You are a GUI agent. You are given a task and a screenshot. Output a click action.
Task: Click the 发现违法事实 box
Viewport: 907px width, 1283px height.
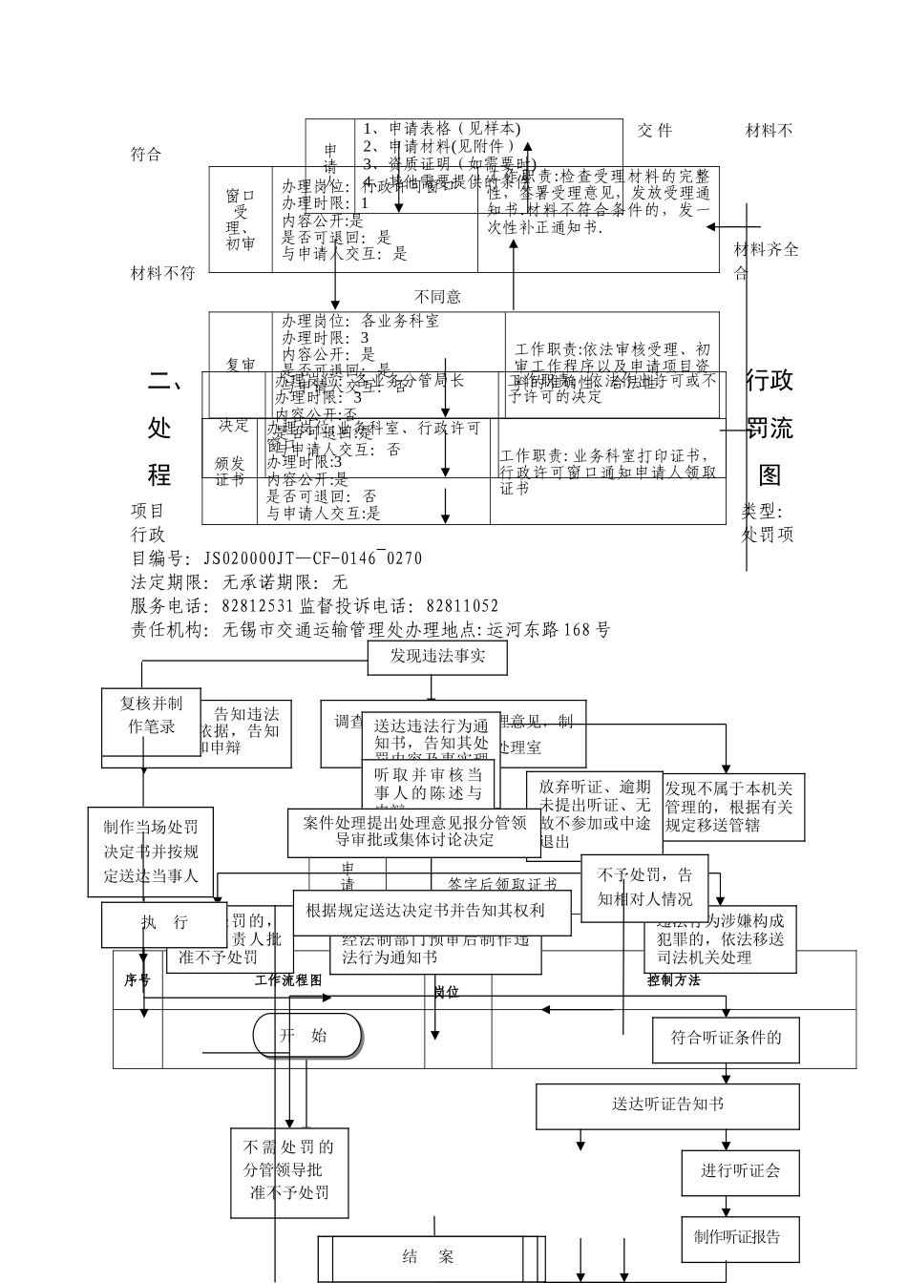437,657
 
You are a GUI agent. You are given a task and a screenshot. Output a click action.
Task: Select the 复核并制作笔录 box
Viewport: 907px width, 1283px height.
151,716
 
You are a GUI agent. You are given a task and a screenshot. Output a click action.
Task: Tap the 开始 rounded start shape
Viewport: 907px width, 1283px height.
307,1037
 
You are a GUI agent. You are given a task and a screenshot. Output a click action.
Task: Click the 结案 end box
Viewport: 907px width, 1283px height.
431,1257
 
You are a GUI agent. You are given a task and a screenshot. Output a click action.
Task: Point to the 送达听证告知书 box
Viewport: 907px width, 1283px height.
667,1105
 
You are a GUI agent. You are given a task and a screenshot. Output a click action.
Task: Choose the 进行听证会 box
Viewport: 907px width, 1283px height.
740,1171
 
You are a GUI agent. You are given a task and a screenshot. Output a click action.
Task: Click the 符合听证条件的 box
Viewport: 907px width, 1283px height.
726,1039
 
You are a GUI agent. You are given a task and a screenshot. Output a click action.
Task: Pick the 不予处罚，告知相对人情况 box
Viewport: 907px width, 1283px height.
645,888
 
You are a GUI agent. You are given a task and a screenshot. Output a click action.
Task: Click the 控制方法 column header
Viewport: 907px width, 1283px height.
674,980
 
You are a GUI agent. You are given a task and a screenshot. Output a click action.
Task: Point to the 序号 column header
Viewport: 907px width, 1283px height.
137,980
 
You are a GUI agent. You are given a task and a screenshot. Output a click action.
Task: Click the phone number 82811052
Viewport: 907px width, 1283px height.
462,606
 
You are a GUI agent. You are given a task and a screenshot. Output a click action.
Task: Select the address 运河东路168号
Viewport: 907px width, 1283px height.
548,630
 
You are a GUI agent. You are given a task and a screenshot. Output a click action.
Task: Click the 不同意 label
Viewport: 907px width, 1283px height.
437,298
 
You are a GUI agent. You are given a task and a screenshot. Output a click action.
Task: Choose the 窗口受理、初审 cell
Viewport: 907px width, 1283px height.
241,220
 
